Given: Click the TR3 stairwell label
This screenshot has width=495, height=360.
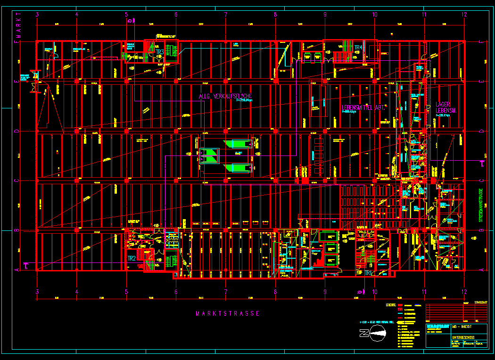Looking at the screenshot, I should pyautogui.click(x=160, y=52).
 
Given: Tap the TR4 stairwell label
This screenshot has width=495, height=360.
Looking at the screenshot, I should pyautogui.click(x=358, y=48).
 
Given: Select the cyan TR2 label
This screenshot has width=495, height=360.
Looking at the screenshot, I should pyautogui.click(x=132, y=259).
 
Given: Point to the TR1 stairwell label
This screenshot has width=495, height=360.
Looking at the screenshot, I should pyautogui.click(x=367, y=272).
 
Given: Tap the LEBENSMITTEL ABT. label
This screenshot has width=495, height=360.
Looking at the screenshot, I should pyautogui.click(x=363, y=108).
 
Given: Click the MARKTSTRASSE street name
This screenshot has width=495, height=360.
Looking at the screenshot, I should pyautogui.click(x=228, y=313).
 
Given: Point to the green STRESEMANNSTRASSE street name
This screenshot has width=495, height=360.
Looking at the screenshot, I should pyautogui.click(x=481, y=205).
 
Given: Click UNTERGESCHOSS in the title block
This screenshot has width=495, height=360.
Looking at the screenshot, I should pyautogui.click(x=463, y=338).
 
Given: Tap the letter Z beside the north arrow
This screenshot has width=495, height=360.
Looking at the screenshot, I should pyautogui.click(x=363, y=334).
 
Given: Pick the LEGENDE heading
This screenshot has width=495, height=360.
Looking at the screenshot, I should pyautogui.click(x=391, y=305).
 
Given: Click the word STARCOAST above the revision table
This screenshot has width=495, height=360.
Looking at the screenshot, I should pyautogui.click(x=481, y=303).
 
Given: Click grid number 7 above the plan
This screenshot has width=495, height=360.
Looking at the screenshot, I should pyautogui.click(x=226, y=15).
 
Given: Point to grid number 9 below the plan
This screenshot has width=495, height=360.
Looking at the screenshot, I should pyautogui.click(x=325, y=292).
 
